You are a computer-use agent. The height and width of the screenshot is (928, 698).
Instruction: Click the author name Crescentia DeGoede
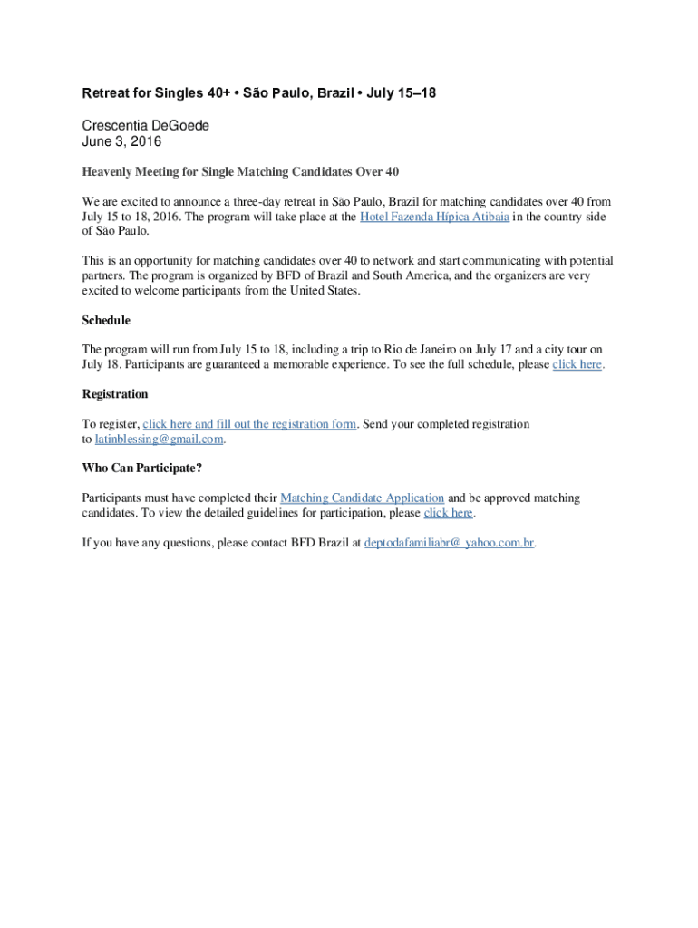click(146, 126)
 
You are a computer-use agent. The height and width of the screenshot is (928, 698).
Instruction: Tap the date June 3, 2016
click(121, 141)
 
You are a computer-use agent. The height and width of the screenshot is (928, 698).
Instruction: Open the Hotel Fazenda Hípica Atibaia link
click(434, 217)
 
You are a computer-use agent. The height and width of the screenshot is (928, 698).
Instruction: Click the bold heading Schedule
click(106, 321)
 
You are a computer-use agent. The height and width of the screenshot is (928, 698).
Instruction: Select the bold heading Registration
click(115, 394)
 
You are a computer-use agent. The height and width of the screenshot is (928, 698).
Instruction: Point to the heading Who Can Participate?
click(142, 469)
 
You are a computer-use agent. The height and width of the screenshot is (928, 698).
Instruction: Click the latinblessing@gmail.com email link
click(159, 439)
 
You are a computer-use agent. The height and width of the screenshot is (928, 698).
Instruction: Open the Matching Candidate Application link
click(363, 498)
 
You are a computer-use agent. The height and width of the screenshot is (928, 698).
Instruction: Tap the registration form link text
click(249, 424)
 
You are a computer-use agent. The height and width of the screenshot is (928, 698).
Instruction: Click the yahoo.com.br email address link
click(449, 543)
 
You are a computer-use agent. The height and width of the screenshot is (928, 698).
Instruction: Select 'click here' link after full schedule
click(577, 364)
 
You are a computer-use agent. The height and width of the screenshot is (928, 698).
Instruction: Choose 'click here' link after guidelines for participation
click(449, 513)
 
